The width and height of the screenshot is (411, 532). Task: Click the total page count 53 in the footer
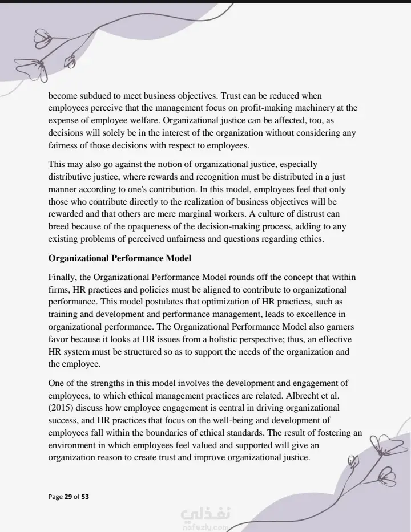(x=85, y=497)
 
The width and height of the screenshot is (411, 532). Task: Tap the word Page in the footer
(x=55, y=497)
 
